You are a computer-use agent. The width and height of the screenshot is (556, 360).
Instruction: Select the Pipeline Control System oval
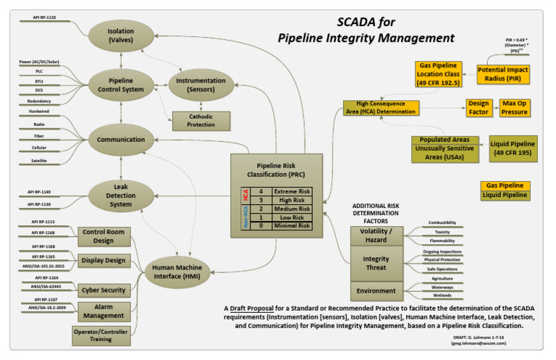tap(121, 85)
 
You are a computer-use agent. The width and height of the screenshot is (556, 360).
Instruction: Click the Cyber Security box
tap(104, 290)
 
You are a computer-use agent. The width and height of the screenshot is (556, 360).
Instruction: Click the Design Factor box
tap(478, 108)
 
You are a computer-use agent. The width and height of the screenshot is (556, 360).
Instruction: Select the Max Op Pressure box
tap(515, 108)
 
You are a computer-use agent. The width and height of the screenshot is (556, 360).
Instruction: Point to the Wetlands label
tap(441, 295)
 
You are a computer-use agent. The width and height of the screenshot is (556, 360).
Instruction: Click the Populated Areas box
tap(445, 139)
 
